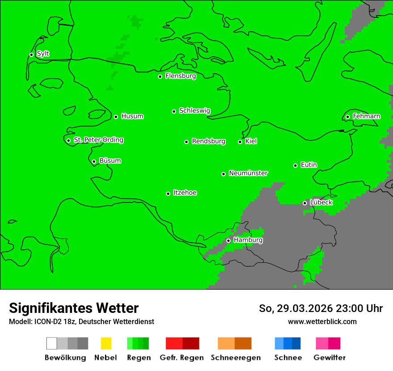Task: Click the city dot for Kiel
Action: coord(240,142)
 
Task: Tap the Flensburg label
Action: coord(180,76)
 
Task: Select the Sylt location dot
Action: coord(31,55)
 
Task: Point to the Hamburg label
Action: coord(248,240)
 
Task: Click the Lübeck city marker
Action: coord(305,203)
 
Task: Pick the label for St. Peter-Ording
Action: coord(98,140)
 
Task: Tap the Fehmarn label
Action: coord(366,116)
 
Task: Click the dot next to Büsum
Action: coord(94,161)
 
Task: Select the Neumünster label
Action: coord(248,173)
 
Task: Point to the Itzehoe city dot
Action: coord(168,194)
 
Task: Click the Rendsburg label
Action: coord(209,141)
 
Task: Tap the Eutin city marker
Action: coord(295,165)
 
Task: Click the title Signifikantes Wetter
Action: coord(74,308)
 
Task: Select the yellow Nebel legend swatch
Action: coord(106,343)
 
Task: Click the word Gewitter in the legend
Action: coord(330,358)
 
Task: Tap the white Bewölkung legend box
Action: coord(52,343)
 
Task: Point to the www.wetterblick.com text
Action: coord(322,321)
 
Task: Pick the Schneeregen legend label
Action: coord(235,358)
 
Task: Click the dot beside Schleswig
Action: coord(174,111)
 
